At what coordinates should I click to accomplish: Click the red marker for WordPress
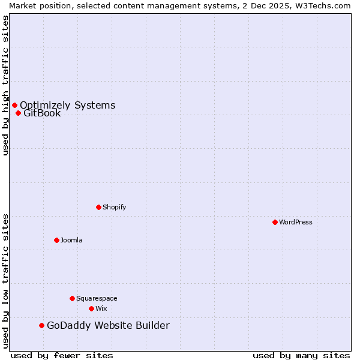click(275, 222)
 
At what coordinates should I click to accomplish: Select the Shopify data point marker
click(98, 207)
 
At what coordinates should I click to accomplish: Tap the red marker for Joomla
click(56, 240)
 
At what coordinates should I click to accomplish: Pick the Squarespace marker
click(72, 298)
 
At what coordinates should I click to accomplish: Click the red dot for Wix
click(91, 308)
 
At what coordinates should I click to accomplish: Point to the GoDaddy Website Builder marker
click(41, 325)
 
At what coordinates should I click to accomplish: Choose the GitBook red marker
click(18, 113)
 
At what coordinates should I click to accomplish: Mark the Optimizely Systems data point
click(14, 106)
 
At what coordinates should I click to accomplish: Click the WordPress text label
click(296, 222)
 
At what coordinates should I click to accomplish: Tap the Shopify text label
click(115, 207)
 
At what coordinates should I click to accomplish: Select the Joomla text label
click(71, 240)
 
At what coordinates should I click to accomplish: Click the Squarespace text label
click(97, 298)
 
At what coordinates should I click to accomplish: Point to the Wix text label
click(101, 308)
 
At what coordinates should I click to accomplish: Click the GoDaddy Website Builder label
click(108, 325)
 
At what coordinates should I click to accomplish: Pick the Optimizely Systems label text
click(68, 106)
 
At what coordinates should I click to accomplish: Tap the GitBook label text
click(42, 113)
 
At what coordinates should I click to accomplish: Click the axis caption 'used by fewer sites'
click(62, 355)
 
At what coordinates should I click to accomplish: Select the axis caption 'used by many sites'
click(301, 355)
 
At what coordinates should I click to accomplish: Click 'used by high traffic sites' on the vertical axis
click(5, 85)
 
